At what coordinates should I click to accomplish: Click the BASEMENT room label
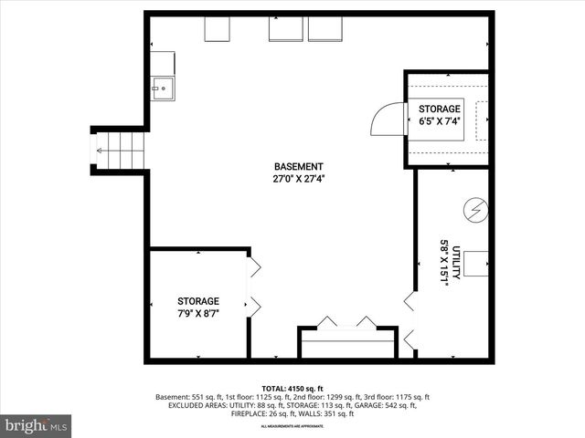coord(298,167)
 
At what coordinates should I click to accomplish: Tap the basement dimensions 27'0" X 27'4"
coord(298,179)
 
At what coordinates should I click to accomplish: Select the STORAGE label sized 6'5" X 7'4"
coord(440,109)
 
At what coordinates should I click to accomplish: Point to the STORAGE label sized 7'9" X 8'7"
coord(198,301)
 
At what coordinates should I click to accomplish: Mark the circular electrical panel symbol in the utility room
coord(474,211)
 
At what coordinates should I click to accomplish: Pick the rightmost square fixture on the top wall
coord(324,29)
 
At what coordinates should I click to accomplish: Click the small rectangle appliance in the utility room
coord(475,263)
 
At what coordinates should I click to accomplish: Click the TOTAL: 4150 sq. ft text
coord(292,388)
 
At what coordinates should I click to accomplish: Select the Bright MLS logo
coord(37,425)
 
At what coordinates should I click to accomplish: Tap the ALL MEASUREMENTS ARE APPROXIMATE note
coord(292,426)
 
